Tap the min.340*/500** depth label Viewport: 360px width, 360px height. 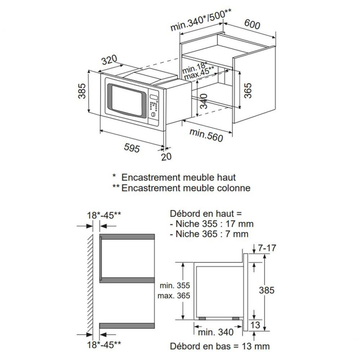pos(201,19)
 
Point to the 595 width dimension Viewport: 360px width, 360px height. pos(132,148)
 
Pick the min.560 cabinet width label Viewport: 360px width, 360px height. pos(207,135)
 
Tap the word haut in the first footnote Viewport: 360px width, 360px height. pos(225,177)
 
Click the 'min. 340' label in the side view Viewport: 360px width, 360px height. pos(215,332)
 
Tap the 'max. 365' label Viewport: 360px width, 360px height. pos(174,295)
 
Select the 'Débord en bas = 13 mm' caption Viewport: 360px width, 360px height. pos(220,346)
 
